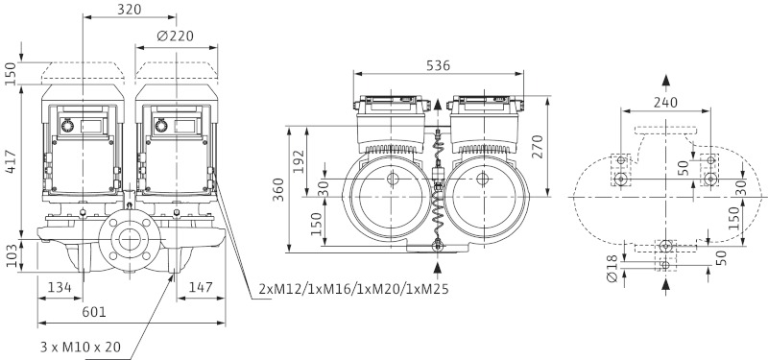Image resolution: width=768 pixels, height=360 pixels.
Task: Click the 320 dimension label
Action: pos(130,10)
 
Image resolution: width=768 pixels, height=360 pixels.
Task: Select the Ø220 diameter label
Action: pos(176,36)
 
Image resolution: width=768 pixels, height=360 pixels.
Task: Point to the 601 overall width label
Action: pos(94,311)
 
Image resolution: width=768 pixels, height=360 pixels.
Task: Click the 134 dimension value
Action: pos(60,286)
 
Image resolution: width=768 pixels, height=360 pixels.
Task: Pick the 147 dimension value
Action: pos(201,286)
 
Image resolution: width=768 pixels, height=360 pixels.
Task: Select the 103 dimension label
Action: pos(11,255)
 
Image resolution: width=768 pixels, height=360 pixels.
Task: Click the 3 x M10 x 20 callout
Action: pos(81,348)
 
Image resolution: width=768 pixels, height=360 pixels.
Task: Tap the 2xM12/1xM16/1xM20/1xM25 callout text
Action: pos(353,290)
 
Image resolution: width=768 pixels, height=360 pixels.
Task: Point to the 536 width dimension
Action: pos(439,65)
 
